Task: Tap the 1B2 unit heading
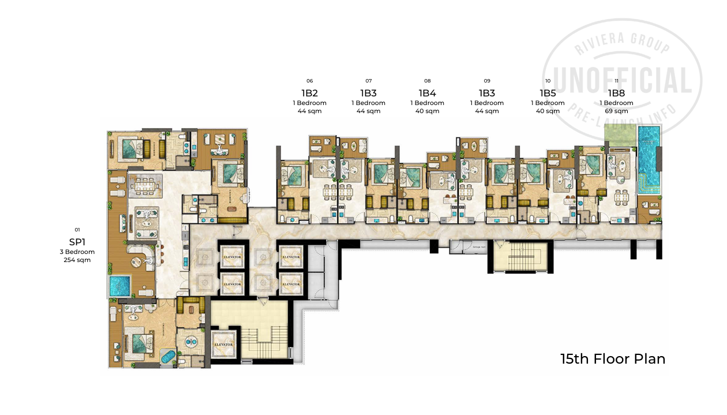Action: pyautogui.click(x=309, y=93)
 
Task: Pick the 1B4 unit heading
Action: pyautogui.click(x=427, y=93)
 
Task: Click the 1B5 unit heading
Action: pyautogui.click(x=548, y=93)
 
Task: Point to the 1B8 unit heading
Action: pyautogui.click(x=616, y=93)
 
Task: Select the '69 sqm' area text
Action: pyautogui.click(x=616, y=111)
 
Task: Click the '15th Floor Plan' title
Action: pyautogui.click(x=612, y=359)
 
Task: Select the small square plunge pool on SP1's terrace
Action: pyautogui.click(x=119, y=285)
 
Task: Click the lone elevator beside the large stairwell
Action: pyautogui.click(x=223, y=344)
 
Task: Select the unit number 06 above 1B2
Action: pyautogui.click(x=309, y=81)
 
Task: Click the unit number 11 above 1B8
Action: pyautogui.click(x=616, y=81)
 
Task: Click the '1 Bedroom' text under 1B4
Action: pyautogui.click(x=427, y=103)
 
